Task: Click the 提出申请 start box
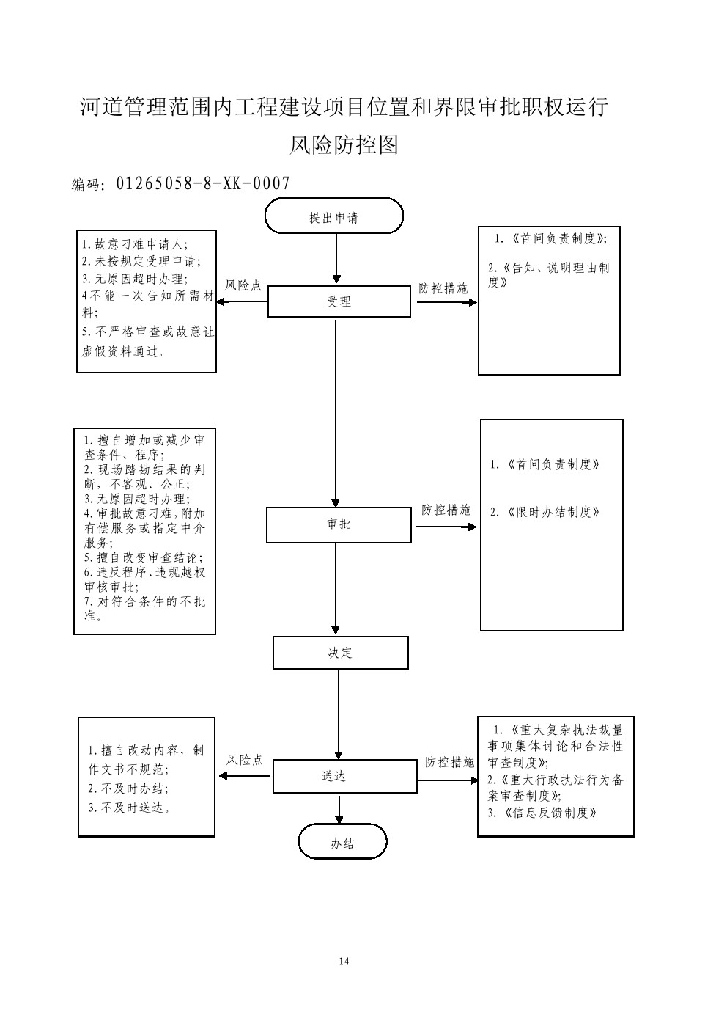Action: pos(333,217)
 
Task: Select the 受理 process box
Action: pos(339,301)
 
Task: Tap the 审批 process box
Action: pos(339,524)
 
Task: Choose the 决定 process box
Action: pos(340,653)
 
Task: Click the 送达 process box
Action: pos(333,776)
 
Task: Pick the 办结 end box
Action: pos(342,843)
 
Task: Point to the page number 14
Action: pos(344,962)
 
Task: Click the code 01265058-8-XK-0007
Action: pos(203,183)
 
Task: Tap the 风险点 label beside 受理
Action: pos(243,285)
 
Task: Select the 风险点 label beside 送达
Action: pos(245,760)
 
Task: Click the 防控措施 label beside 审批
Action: pos(446,510)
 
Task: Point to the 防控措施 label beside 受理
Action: pos(443,288)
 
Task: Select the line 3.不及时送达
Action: pos(130,808)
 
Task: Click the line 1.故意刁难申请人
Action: pos(135,244)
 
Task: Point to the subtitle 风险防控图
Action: pos(344,145)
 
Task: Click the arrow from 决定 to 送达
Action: pos(339,714)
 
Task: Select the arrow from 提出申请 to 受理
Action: pos(336,259)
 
